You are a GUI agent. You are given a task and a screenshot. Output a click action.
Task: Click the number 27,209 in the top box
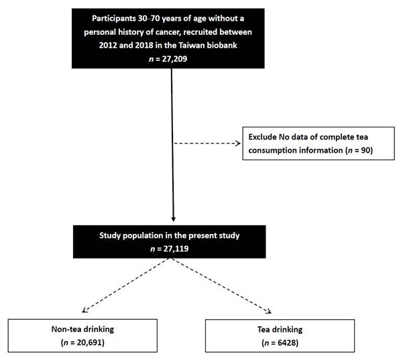[174, 59]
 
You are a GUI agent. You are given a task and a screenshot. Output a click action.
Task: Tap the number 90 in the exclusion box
[365, 150]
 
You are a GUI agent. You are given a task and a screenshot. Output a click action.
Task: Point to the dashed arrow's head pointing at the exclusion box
[238, 143]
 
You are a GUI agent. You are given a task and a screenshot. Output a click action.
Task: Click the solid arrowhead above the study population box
[174, 219]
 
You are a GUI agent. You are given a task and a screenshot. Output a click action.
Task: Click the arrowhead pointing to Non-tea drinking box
[84, 310]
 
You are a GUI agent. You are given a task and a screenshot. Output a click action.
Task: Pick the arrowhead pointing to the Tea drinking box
[269, 311]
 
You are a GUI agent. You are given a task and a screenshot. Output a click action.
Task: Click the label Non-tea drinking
[82, 329]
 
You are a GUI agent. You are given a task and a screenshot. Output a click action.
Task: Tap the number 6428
[286, 343]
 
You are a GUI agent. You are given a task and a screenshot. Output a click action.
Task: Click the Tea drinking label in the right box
[280, 330]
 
